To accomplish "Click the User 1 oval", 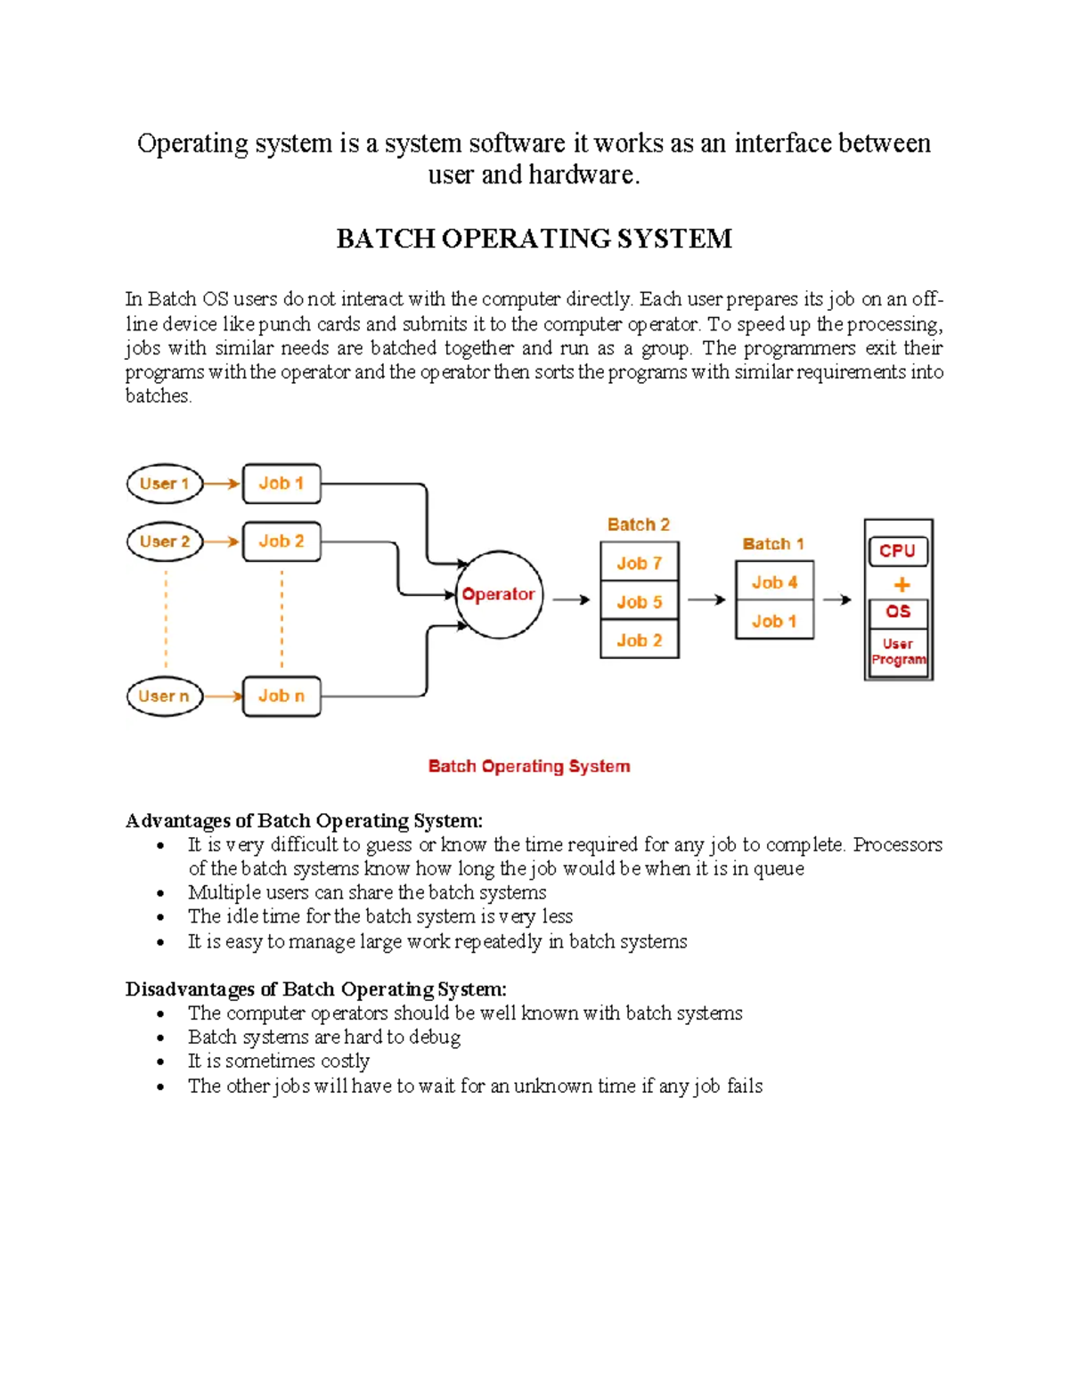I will click(165, 484).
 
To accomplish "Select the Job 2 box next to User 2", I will click(282, 541).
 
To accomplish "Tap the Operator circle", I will click(499, 594).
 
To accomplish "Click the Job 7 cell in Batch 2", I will click(639, 563).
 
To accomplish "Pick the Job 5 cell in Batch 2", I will click(639, 602).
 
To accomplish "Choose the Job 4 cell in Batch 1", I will click(774, 582).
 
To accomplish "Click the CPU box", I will click(897, 551).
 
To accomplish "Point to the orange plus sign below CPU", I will click(902, 585).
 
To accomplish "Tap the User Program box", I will click(898, 652).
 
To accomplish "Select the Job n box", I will click(282, 696).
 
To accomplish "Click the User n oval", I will click(165, 696).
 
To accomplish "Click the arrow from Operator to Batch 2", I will click(571, 600).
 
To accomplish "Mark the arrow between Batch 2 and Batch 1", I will click(706, 600).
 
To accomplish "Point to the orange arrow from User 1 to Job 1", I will click(222, 484).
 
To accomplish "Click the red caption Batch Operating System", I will click(529, 766).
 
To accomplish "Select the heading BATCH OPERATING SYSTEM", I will click(534, 239).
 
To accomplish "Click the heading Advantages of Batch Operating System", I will click(304, 820).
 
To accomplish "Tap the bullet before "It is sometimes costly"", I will click(160, 1062).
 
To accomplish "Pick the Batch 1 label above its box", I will click(773, 544).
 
